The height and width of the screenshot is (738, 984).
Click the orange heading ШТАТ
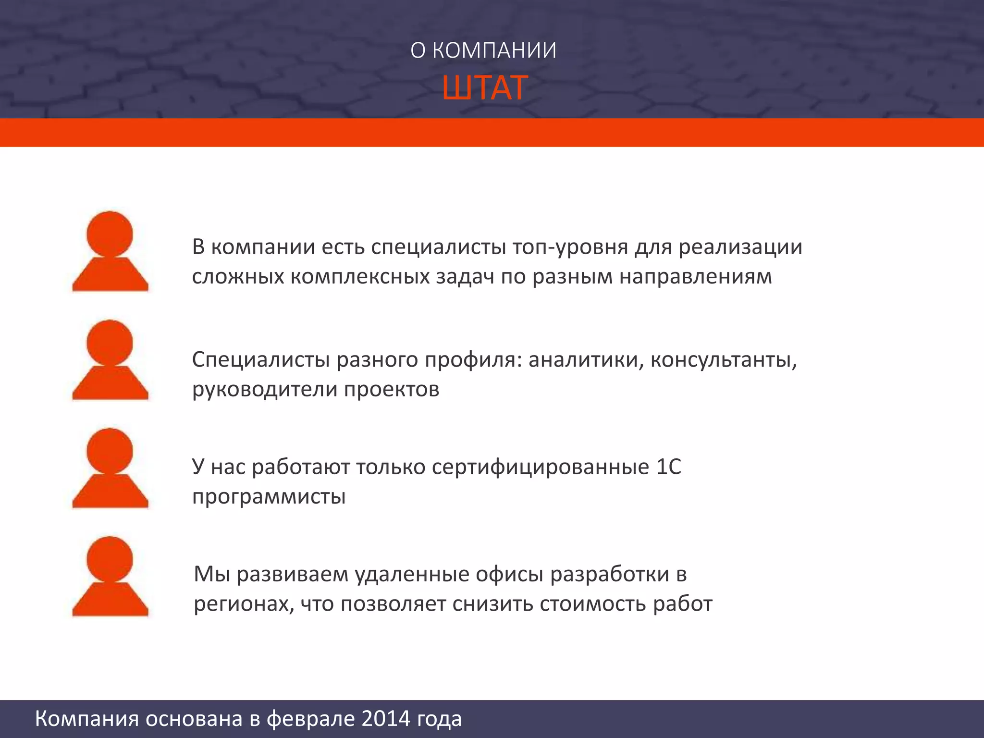[484, 88]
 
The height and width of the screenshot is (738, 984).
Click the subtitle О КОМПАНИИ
[483, 50]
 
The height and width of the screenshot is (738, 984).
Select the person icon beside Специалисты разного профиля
[110, 360]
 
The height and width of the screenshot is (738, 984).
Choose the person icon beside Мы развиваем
[110, 577]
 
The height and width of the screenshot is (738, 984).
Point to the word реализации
[740, 247]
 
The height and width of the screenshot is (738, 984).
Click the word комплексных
[359, 277]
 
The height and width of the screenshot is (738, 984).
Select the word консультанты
[723, 360]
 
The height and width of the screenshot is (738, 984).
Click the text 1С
[668, 467]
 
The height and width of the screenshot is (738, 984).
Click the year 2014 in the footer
[386, 719]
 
